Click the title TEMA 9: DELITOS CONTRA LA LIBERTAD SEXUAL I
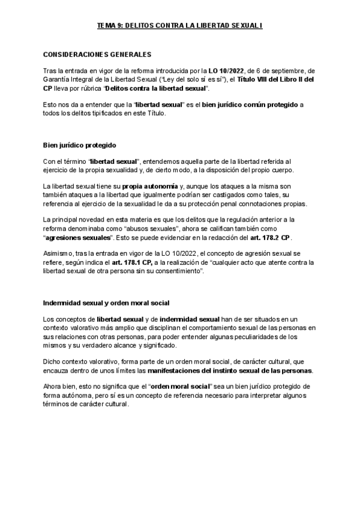180,26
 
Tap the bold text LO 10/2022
226,71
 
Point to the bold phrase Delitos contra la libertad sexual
157,88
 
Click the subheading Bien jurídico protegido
79,145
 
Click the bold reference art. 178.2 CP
271,237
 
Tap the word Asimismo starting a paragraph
59,254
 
